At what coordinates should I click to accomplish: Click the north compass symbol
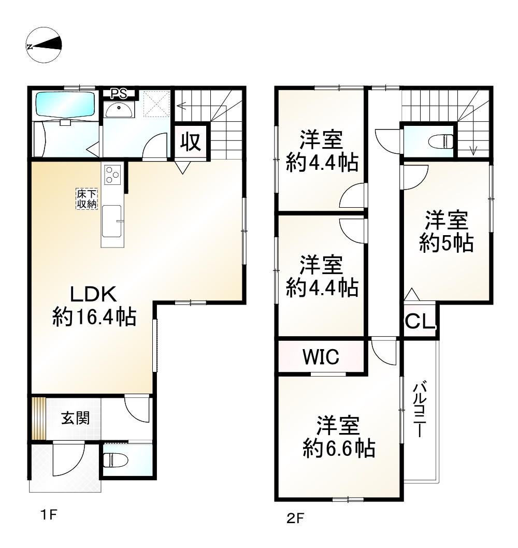[45, 45]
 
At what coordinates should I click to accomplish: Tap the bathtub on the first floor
[65, 104]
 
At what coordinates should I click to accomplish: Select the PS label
[119, 94]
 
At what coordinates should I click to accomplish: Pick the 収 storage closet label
[191, 142]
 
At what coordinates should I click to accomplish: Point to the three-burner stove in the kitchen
[112, 175]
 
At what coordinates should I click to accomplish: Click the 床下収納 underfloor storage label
[87, 199]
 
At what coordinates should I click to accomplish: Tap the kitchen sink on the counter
[112, 221]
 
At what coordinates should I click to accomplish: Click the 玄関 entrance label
[76, 418]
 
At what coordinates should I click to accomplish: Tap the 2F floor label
[295, 518]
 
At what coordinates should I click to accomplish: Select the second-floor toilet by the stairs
[441, 141]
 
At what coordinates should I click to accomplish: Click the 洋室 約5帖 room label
[447, 232]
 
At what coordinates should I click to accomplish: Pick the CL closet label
[420, 322]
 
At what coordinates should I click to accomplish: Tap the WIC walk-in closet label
[321, 356]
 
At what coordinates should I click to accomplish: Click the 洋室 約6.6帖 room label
[339, 437]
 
